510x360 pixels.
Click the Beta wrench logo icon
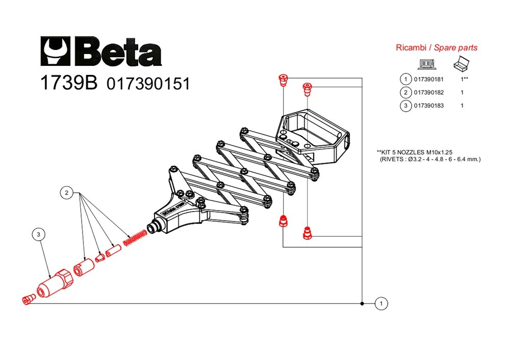[55, 51]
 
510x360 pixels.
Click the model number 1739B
[69, 83]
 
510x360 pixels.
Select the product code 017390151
[148, 84]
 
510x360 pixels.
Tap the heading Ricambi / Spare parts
[437, 47]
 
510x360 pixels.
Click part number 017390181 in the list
[429, 80]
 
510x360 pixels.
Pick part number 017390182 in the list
[429, 92]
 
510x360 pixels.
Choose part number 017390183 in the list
[429, 106]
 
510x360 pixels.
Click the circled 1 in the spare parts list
[405, 80]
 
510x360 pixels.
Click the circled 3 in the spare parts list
[405, 106]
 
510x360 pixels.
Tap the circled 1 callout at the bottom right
[381, 304]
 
